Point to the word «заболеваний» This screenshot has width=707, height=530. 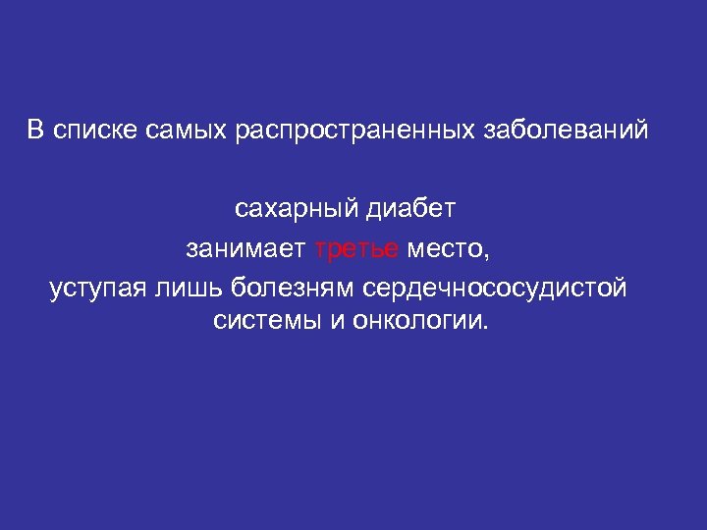(567, 132)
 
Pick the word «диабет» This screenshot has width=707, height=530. (411, 210)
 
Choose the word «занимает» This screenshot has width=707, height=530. (246, 250)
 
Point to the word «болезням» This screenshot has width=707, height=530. (294, 291)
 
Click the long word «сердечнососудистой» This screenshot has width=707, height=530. (494, 291)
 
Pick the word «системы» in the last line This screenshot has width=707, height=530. (264, 322)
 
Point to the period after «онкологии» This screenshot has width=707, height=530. (482, 328)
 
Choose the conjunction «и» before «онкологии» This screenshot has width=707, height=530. (335, 322)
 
